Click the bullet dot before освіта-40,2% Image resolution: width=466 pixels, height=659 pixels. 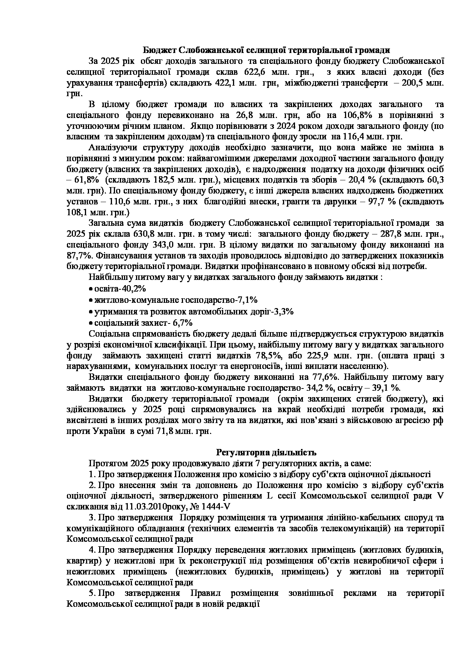click(91, 289)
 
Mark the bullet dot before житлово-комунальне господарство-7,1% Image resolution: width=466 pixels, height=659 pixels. click(91, 301)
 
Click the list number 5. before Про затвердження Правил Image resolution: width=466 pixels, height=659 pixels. click(93, 594)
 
